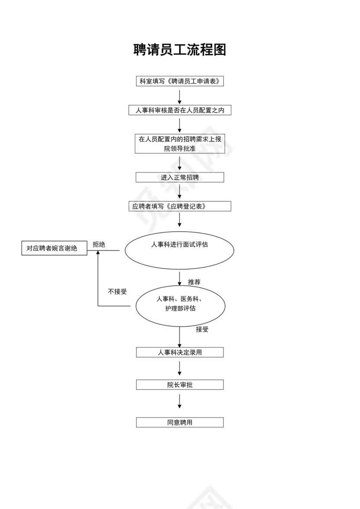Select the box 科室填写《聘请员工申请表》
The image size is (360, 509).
pos(180,81)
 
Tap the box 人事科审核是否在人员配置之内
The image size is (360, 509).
pos(180,110)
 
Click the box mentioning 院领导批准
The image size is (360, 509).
pos(180,144)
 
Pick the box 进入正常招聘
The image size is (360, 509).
pos(180,177)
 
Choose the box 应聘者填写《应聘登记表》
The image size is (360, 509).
pos(180,206)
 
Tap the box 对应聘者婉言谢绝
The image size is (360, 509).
pos(54,248)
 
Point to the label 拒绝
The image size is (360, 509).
pos(99,245)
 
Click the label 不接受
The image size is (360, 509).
pos(117,292)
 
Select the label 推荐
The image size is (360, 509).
pos(194,282)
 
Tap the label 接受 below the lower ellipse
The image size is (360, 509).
pos(202,329)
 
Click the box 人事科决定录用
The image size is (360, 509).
pos(180,352)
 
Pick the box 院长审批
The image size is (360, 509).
pos(180,385)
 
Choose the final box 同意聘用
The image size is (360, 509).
pos(180,422)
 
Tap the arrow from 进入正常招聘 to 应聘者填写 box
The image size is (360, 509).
pos(180,192)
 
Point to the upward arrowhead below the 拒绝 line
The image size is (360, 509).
pos(98,254)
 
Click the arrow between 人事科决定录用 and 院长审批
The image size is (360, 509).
pos(180,368)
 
